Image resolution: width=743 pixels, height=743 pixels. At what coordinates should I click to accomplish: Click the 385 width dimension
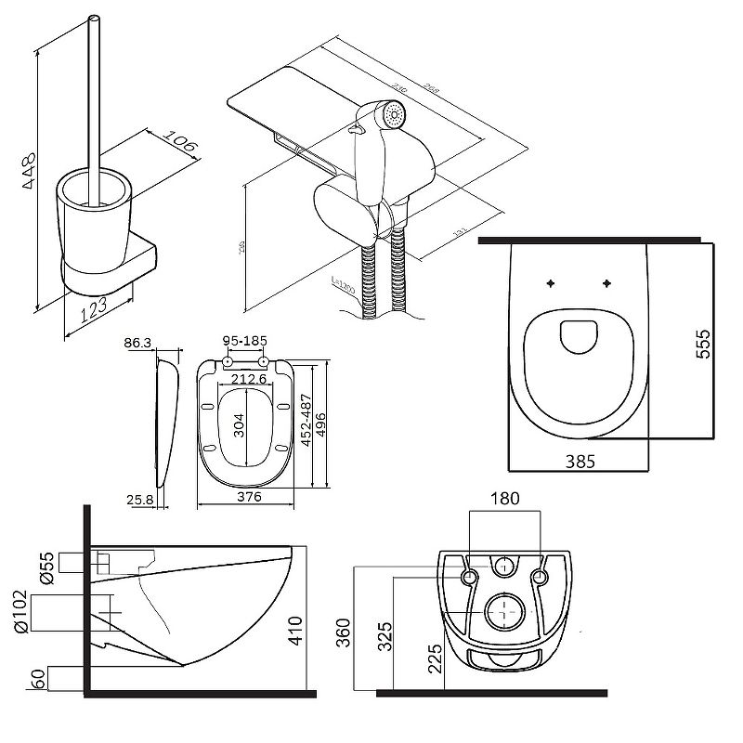tap(575, 459)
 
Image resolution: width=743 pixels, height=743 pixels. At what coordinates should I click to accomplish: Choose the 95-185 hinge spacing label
tap(245, 341)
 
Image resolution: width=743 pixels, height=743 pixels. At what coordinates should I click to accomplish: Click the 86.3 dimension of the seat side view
tap(137, 343)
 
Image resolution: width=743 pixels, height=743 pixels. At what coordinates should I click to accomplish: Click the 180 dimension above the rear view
tap(504, 499)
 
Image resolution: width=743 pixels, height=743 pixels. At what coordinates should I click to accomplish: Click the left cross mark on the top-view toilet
tap(552, 282)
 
